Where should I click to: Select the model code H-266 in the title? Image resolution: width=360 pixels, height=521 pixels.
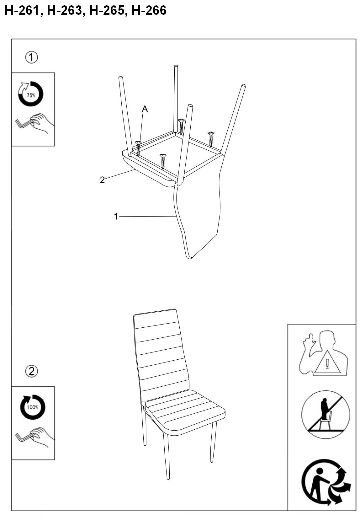[x=149, y=11]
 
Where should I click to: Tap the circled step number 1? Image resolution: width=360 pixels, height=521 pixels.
[x=31, y=57]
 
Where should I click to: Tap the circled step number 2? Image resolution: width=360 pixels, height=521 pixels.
[x=31, y=371]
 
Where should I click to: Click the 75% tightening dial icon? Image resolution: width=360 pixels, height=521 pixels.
[x=30, y=94]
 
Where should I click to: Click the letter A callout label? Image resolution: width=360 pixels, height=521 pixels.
[x=145, y=109]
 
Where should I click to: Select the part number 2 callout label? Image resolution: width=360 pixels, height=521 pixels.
[x=102, y=180]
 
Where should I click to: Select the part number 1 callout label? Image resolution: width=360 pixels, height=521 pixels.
[x=116, y=217]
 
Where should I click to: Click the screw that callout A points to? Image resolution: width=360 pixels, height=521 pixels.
[x=138, y=148]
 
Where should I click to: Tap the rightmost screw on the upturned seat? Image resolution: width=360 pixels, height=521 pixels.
[x=211, y=138]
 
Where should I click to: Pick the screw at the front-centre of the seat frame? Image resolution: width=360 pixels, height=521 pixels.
[x=162, y=161]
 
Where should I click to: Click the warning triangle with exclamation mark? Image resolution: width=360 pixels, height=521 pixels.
[x=327, y=364]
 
